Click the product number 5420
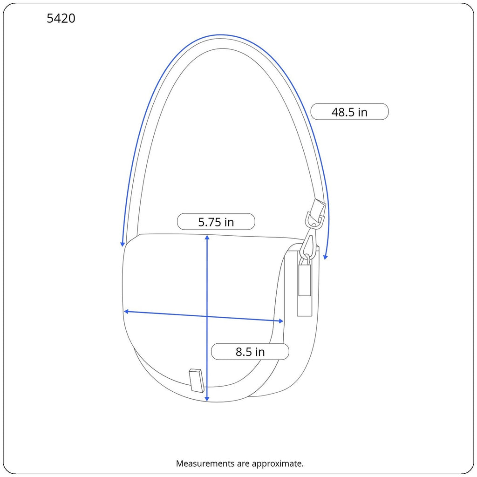pyautogui.click(x=61, y=19)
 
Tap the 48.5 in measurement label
pyautogui.click(x=349, y=112)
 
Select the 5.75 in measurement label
pyautogui.click(x=216, y=222)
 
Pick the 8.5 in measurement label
pyautogui.click(x=250, y=352)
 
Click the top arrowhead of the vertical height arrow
pyautogui.click(x=207, y=237)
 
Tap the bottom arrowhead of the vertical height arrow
pyautogui.click(x=207, y=399)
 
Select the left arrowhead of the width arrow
pyautogui.click(x=126, y=312)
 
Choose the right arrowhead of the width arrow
pyautogui.click(x=281, y=321)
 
